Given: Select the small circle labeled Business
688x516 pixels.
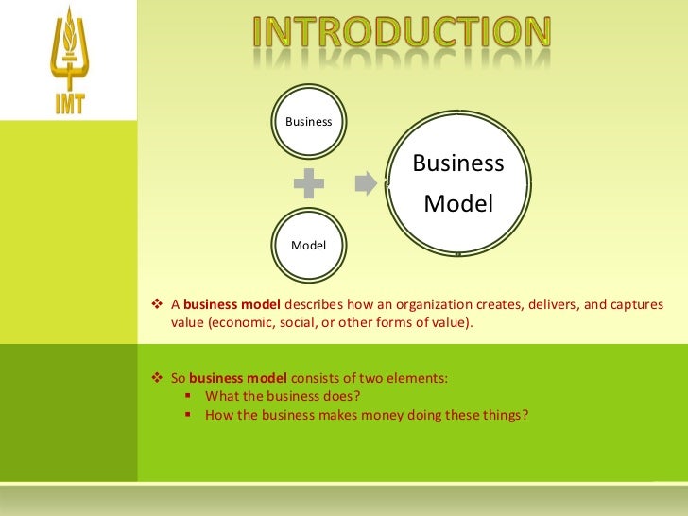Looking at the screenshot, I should click(x=309, y=122).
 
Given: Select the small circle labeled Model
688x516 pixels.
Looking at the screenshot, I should click(x=309, y=245).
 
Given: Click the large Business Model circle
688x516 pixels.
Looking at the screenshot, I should click(x=458, y=183).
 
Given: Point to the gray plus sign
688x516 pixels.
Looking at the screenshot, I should click(x=309, y=184).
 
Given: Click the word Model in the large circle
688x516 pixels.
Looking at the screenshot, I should click(x=458, y=203).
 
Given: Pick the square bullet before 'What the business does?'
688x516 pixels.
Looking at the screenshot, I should click(x=189, y=396).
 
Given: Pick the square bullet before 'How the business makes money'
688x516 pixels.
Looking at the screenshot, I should click(x=189, y=414).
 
